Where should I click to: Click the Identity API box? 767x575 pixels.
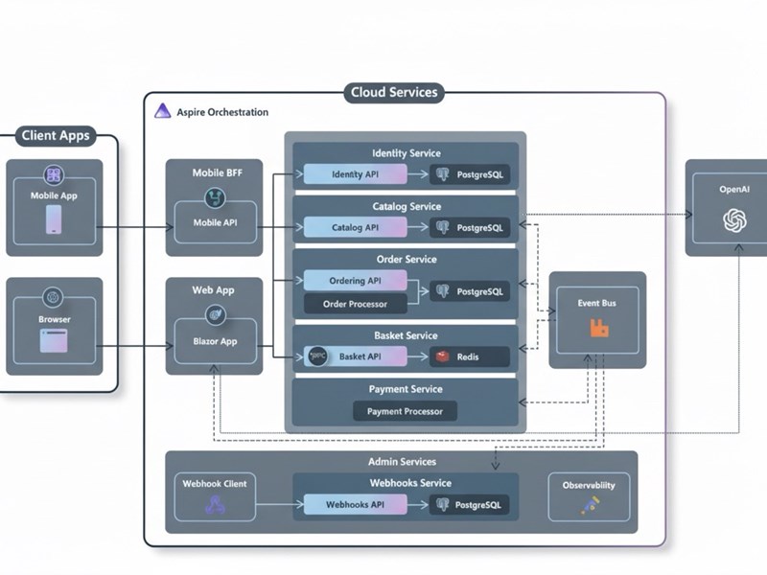click(355, 174)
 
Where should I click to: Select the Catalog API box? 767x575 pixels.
click(355, 228)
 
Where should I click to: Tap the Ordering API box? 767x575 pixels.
click(355, 281)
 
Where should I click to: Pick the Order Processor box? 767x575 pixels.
click(355, 305)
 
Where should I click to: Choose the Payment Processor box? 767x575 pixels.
click(406, 411)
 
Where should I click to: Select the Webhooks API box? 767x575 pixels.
click(355, 505)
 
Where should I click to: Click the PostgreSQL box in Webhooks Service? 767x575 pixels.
click(469, 505)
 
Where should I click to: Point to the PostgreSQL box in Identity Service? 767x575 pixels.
click(469, 174)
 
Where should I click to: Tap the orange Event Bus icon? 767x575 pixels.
click(599, 329)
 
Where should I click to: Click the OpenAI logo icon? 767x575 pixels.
click(734, 221)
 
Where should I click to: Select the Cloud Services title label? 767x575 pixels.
click(395, 93)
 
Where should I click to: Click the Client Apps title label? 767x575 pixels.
click(56, 136)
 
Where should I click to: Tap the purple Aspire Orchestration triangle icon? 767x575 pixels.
click(162, 111)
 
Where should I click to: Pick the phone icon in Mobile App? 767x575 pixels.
click(54, 221)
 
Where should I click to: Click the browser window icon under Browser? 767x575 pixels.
click(54, 339)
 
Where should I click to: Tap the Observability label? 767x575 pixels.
click(589, 485)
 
